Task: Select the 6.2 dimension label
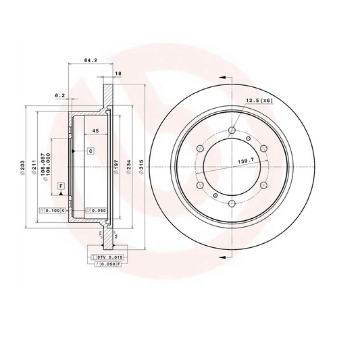[60, 96]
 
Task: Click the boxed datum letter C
[90, 151]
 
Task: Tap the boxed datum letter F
[61, 185]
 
